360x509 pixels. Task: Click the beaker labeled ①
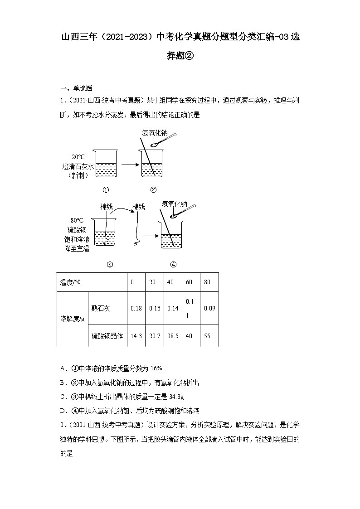click(x=105, y=164)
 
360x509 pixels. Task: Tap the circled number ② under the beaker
click(x=153, y=189)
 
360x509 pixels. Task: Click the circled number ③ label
click(x=109, y=265)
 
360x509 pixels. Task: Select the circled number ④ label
click(x=173, y=265)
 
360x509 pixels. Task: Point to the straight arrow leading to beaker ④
click(x=150, y=236)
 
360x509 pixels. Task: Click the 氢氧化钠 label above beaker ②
click(x=155, y=133)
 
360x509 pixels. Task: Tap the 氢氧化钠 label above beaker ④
click(x=174, y=204)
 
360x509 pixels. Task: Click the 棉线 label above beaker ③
click(x=106, y=207)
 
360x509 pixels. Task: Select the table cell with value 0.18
click(x=136, y=308)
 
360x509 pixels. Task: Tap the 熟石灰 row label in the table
click(x=101, y=308)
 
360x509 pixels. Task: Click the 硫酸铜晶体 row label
click(x=107, y=336)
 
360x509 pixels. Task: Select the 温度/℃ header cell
click(x=70, y=282)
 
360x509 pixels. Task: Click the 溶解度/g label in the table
click(x=72, y=319)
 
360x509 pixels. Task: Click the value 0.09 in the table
click(x=209, y=308)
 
